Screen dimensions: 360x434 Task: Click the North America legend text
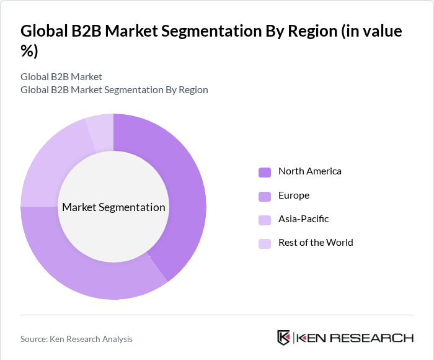pos(309,171)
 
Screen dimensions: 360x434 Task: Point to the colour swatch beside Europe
pos(265,196)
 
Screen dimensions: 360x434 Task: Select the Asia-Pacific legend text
pos(303,219)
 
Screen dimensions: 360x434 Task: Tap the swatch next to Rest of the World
pos(265,243)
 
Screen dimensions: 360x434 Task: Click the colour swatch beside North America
pos(265,172)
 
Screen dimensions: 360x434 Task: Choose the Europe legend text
pos(293,196)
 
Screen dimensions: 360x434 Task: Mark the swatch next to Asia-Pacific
pos(265,220)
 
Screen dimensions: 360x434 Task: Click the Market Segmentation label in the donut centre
pos(113,207)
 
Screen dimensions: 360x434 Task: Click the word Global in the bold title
pos(45,31)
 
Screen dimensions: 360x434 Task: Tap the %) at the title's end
pos(29,52)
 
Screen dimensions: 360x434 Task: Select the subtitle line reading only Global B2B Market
pos(61,77)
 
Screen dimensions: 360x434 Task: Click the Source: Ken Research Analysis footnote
pos(76,339)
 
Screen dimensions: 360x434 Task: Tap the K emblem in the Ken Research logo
pos(284,338)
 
